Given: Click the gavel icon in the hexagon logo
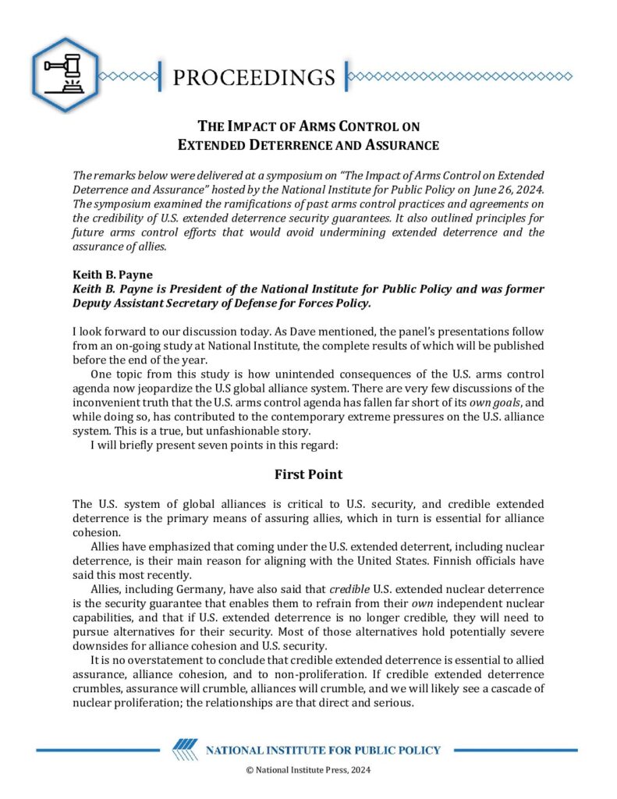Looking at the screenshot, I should click(66, 74).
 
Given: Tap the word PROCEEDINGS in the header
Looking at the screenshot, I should click(254, 77).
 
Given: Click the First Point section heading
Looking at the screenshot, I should click(308, 474).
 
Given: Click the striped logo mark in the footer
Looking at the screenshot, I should click(185, 750).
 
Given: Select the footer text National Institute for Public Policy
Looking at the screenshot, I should click(323, 751).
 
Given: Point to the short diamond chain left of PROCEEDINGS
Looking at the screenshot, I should click(130, 76).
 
